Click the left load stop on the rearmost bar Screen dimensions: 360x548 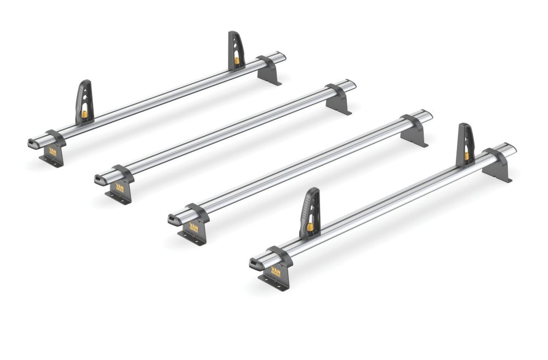[84, 101]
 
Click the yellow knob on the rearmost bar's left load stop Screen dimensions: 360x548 [85, 115]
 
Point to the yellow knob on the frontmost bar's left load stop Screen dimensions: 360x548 [310, 226]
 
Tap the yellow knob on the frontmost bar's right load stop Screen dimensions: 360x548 [467, 156]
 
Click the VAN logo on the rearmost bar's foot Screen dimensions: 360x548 [53, 152]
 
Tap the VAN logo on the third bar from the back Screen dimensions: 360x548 [195, 227]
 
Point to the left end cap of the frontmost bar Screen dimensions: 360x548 [255, 264]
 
